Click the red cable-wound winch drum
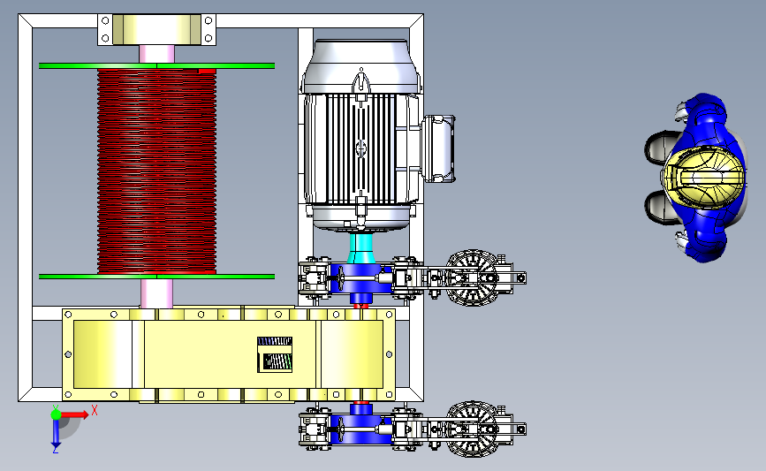tap(156, 171)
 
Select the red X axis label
tap(95, 410)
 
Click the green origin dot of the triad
tap(56, 414)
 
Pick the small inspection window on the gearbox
tap(275, 354)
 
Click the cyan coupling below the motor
tap(360, 248)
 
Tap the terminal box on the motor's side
tap(439, 149)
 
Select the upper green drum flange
tap(156, 65)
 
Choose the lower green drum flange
tap(156, 277)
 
